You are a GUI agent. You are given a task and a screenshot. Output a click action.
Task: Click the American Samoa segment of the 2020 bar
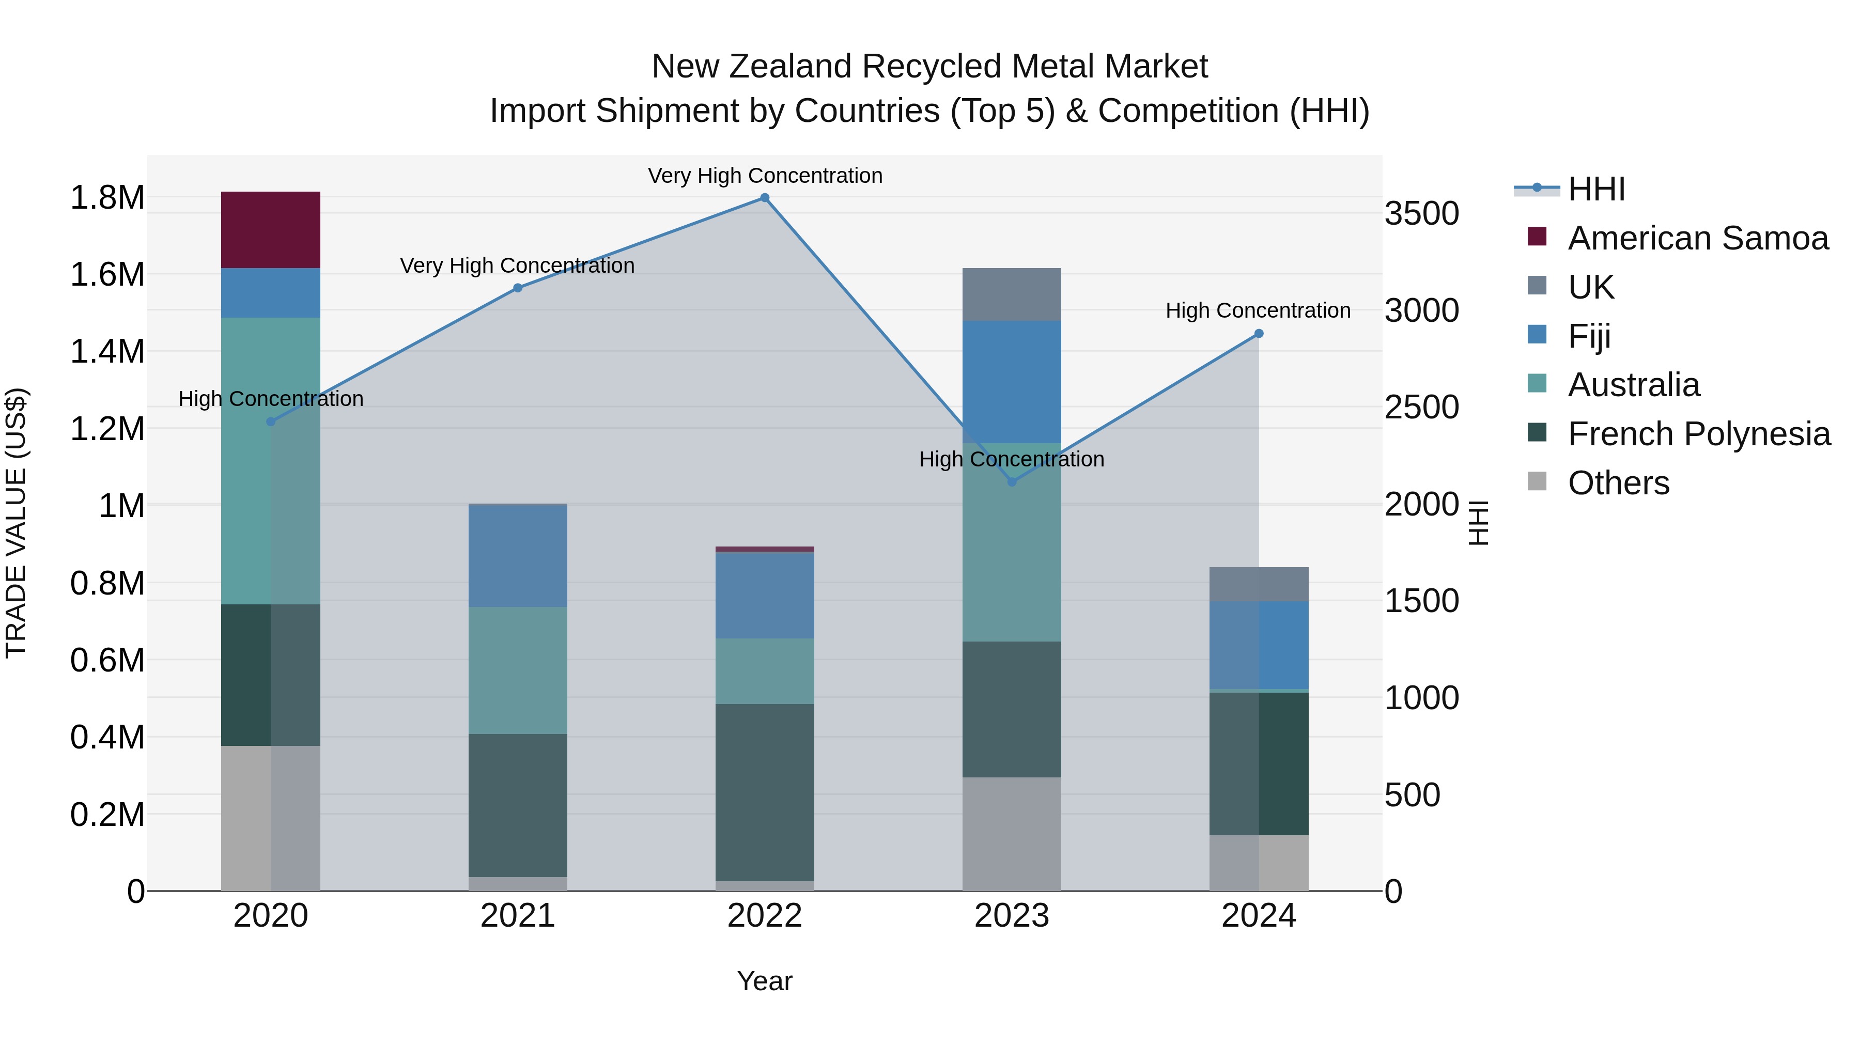coord(270,229)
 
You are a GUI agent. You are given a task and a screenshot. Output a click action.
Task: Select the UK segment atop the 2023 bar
coord(1011,294)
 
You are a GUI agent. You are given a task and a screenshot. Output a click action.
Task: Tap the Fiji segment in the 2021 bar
coord(517,555)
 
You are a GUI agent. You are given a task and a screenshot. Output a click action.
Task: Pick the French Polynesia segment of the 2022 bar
coord(764,792)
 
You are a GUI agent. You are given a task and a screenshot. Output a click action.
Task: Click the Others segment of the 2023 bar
coord(1011,833)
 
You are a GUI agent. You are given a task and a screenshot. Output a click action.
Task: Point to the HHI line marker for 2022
coord(765,198)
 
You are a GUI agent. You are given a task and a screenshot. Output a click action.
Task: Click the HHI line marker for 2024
coord(1259,334)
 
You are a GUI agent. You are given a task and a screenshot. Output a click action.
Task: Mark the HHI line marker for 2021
coord(518,288)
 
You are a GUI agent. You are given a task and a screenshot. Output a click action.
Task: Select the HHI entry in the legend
coord(1596,189)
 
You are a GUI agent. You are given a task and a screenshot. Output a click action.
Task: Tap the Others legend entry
coord(1617,483)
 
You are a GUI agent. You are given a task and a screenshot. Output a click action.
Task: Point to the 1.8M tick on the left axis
coord(107,198)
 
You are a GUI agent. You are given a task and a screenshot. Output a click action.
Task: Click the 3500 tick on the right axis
coord(1421,214)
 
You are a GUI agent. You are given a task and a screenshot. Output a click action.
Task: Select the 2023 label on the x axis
coord(1011,916)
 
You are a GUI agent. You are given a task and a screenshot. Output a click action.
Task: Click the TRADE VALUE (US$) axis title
coord(16,523)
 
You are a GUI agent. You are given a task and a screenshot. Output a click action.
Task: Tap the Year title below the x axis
coord(764,981)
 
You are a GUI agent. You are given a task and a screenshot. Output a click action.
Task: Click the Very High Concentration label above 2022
coord(765,176)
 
